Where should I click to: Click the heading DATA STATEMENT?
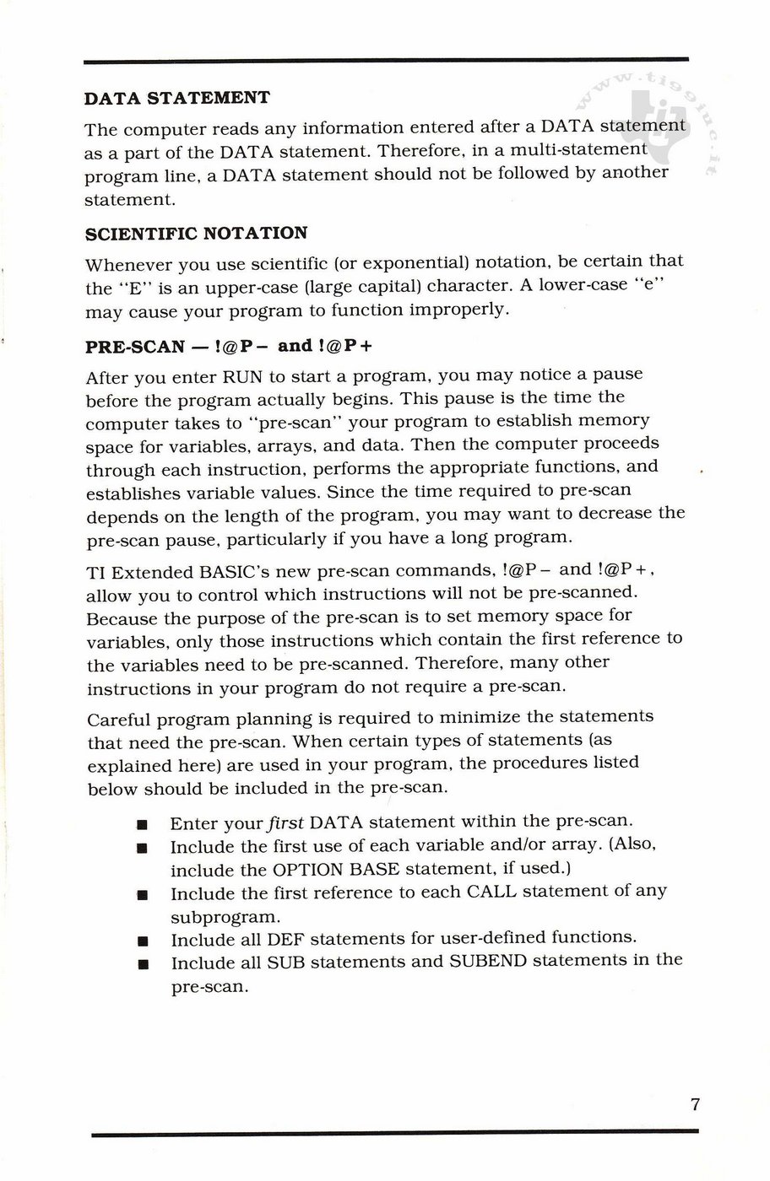pos(177,98)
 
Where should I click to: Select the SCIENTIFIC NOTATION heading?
pos(196,233)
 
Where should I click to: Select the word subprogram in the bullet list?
pos(224,915)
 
